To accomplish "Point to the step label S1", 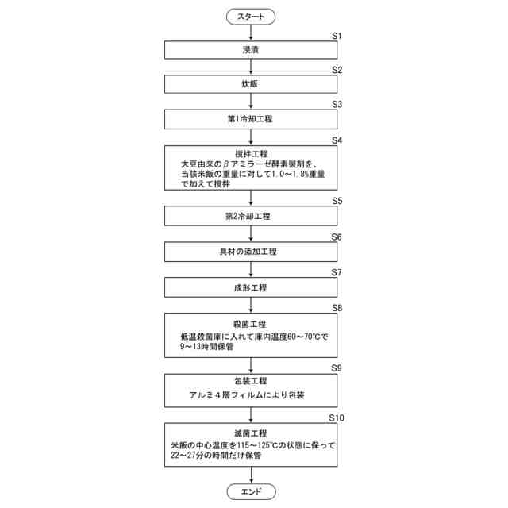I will pos(336,36).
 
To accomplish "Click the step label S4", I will pos(336,140).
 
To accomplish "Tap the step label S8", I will pos(336,306).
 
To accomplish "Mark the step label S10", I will pos(337,417).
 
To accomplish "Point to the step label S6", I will pos(336,237).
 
